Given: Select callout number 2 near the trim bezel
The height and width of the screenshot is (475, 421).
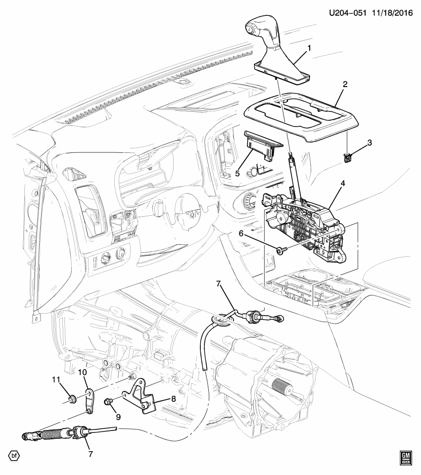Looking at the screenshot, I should coord(345,85).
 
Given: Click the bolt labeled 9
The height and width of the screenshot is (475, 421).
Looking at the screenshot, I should coord(108,401).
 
